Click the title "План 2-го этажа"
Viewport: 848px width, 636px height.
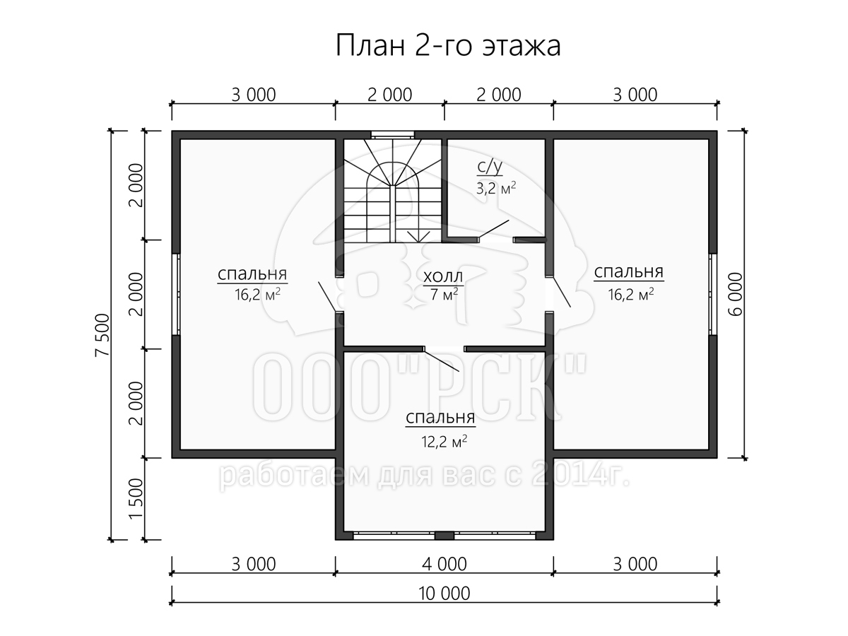(448, 45)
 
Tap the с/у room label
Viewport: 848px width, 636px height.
(490, 166)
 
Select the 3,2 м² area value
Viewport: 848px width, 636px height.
(495, 189)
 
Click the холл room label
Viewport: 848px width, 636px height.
(443, 276)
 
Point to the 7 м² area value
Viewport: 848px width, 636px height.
(444, 295)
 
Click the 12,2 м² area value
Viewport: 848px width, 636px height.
(444, 442)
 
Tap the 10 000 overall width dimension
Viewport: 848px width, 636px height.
(444, 594)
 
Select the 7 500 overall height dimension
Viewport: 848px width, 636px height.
(103, 335)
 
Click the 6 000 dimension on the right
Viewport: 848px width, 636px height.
(736, 294)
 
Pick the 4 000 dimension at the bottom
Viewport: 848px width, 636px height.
(444, 564)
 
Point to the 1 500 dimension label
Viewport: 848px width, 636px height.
(136, 499)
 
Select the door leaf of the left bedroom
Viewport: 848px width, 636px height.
(327, 297)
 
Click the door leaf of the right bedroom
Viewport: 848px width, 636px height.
(561, 292)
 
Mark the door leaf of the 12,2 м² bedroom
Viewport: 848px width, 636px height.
(441, 360)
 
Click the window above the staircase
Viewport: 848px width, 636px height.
(392, 135)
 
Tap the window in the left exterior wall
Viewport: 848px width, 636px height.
(176, 294)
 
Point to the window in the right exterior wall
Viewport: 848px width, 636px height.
(713, 294)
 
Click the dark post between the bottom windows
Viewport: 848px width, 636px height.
(444, 536)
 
